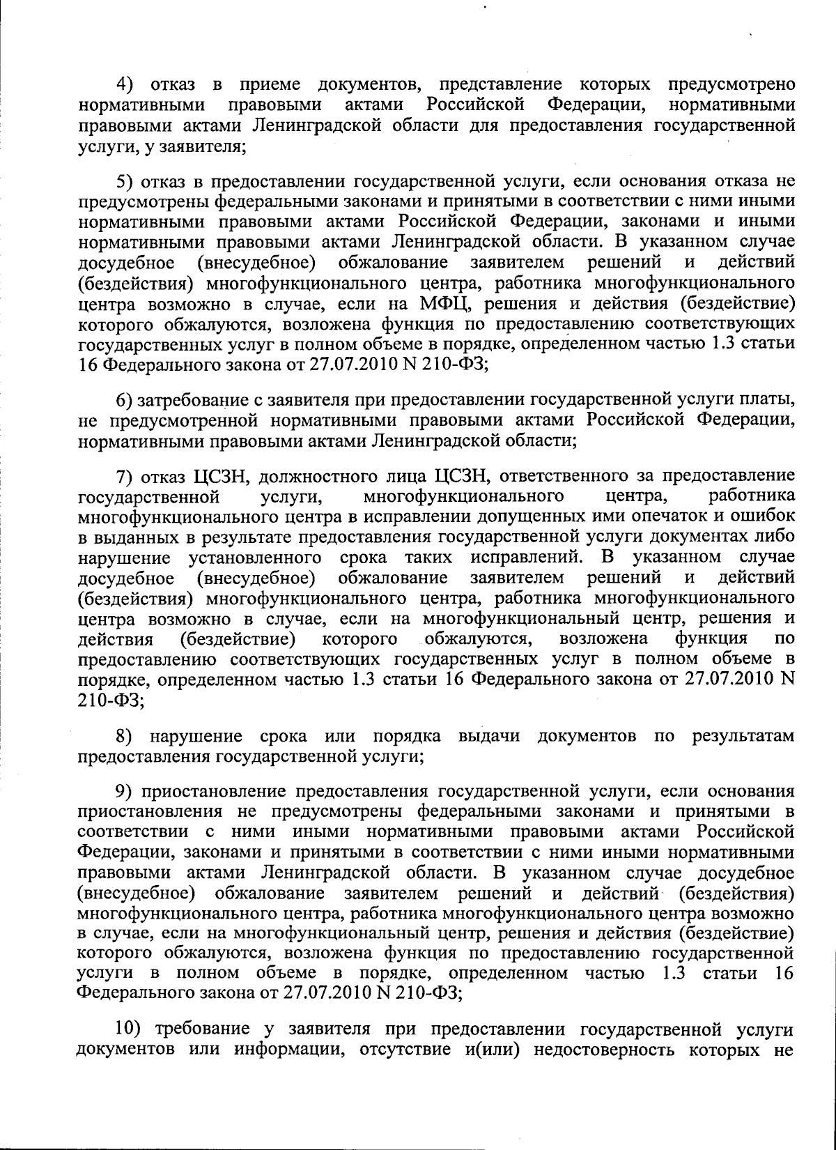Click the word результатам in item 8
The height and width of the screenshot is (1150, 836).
click(x=743, y=736)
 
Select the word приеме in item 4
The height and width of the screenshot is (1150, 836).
click(x=270, y=86)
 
